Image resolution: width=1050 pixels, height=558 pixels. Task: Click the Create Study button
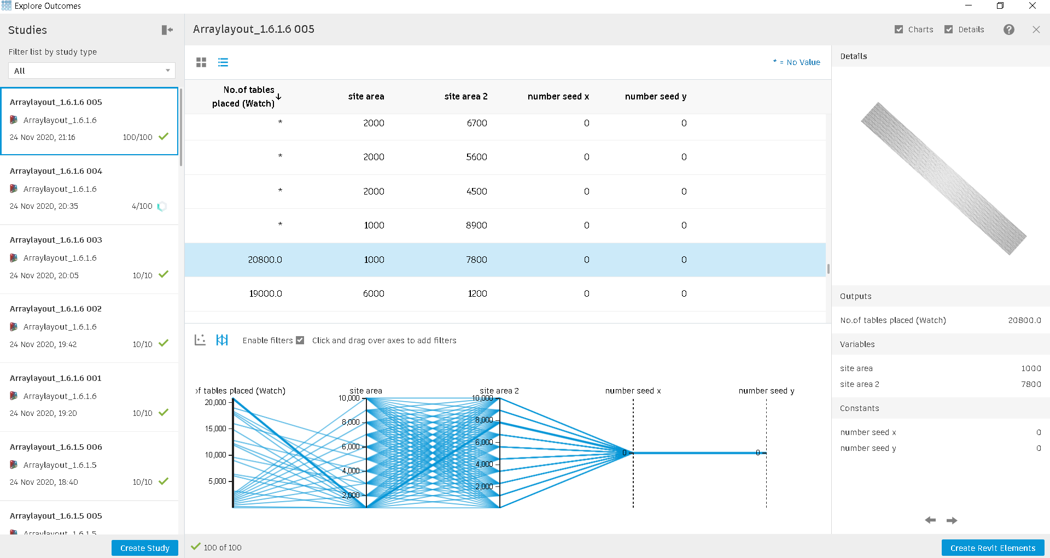coord(145,548)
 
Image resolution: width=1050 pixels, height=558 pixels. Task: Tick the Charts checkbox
coord(899,30)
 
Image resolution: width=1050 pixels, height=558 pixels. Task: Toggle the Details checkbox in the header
coord(949,30)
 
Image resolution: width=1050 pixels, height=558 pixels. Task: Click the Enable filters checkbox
coord(300,340)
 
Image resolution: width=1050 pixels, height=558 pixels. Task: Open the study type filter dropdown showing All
coord(91,71)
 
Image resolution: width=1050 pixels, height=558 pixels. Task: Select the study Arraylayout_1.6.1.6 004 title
coord(56,171)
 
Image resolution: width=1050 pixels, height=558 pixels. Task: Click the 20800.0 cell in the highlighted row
coord(265,260)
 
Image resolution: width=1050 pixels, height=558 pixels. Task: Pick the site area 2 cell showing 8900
coord(476,225)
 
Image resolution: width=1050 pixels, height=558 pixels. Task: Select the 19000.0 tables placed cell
coord(265,293)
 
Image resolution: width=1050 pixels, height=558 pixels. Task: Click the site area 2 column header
coord(465,96)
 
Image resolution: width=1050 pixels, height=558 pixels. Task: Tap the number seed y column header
coord(655,96)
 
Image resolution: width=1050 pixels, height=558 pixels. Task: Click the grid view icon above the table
coord(201,62)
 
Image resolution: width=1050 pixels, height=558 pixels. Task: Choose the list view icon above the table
coord(223,62)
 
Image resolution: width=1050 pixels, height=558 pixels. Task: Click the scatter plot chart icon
coord(200,340)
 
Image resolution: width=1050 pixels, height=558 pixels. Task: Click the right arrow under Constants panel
coord(952,520)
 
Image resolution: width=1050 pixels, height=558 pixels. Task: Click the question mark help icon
coord(1009,30)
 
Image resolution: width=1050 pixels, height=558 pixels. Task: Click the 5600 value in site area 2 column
coord(476,157)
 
